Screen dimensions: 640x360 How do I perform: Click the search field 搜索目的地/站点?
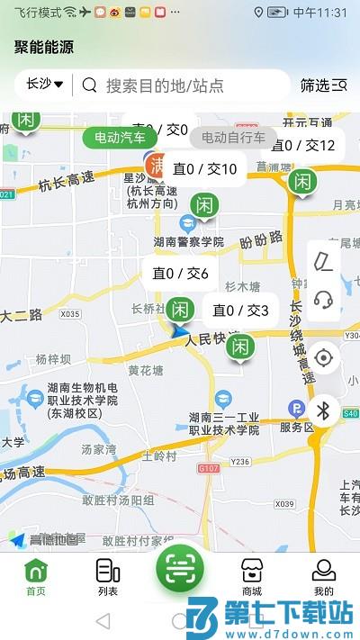click(165, 86)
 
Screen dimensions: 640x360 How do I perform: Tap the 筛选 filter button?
click(323, 86)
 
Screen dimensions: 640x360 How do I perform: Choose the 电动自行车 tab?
click(233, 138)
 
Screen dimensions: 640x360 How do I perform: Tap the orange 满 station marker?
click(157, 165)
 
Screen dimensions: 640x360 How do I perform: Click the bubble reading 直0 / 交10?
click(205, 169)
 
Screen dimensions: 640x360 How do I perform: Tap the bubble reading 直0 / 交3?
click(240, 311)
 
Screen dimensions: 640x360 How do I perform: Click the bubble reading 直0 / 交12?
click(303, 145)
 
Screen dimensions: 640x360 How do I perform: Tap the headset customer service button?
click(324, 300)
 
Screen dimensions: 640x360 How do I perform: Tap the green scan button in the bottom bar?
click(180, 569)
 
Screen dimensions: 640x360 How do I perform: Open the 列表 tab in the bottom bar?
click(108, 577)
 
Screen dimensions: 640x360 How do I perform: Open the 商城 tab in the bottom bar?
click(252, 577)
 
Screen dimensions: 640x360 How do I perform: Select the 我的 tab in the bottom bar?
click(324, 577)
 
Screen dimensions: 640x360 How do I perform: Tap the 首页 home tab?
click(36, 577)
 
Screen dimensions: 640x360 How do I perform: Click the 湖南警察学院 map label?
click(188, 241)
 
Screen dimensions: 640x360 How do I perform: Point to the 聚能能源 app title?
click(44, 48)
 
